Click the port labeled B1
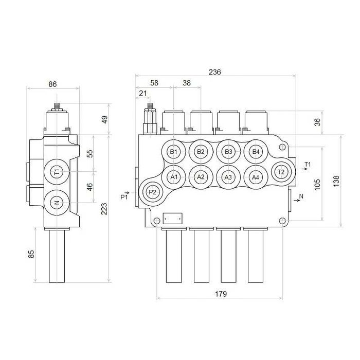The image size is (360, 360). [174, 152]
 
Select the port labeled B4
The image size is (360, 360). [256, 152]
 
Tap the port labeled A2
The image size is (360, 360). [201, 177]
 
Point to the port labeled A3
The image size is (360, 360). [228, 177]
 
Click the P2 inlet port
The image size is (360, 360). [152, 192]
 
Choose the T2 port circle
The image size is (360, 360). [281, 172]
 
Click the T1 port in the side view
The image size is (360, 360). [57, 171]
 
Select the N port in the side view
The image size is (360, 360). [57, 203]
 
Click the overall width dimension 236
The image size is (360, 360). [215, 73]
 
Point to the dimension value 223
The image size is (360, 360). [103, 208]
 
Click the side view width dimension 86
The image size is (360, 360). [52, 84]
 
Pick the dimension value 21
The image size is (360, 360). [143, 93]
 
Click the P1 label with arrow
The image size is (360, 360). [125, 196]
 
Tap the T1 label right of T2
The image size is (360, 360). [307, 165]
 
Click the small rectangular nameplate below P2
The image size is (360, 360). [172, 218]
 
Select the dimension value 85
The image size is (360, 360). [31, 254]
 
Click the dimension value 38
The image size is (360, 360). [187, 82]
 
